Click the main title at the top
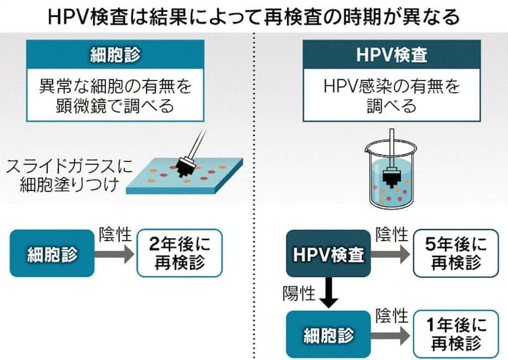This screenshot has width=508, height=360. [254, 16]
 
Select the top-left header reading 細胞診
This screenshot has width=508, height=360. [115, 54]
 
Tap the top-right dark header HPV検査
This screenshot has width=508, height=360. [392, 54]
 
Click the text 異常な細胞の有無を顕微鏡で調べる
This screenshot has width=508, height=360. [115, 96]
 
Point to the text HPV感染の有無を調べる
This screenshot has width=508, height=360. [392, 96]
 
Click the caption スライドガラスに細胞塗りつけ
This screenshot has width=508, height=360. [69, 176]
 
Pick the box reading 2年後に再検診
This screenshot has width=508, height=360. [179, 253]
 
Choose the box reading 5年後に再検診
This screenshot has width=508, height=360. [456, 253]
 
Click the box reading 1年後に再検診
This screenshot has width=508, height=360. [456, 334]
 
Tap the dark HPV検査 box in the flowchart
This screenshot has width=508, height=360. [329, 253]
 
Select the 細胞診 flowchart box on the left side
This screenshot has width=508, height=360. [52, 253]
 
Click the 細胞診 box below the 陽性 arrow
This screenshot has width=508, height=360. [329, 334]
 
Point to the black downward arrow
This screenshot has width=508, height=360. [329, 292]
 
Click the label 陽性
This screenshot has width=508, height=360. [299, 294]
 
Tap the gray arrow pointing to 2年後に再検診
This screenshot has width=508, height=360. [115, 254]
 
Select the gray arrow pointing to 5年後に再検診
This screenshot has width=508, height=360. [391, 254]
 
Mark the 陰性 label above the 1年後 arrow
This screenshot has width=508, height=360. [391, 315]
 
